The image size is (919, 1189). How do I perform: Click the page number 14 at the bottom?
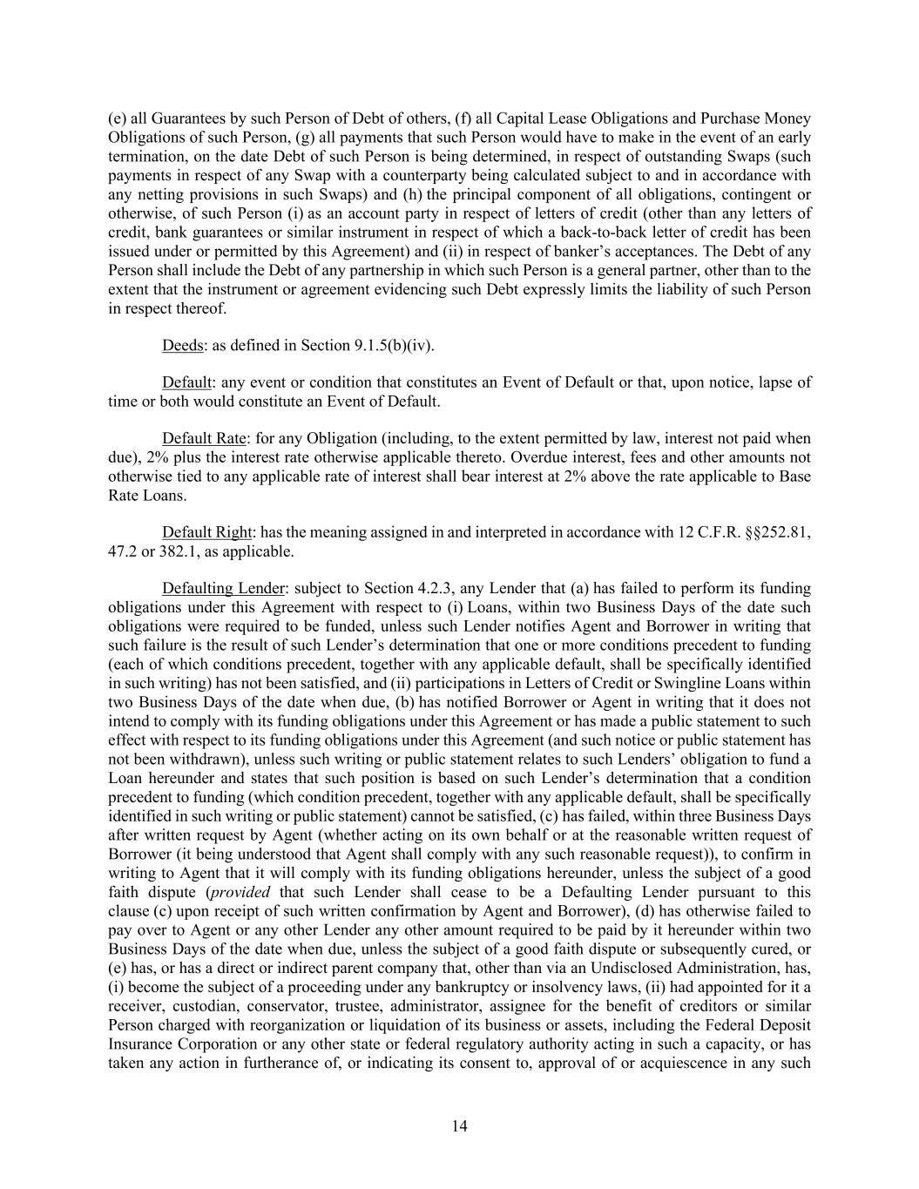pyautogui.click(x=460, y=1126)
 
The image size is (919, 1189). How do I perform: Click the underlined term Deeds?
pyautogui.click(x=182, y=346)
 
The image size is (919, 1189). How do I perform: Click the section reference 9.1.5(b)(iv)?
pyautogui.click(x=393, y=346)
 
